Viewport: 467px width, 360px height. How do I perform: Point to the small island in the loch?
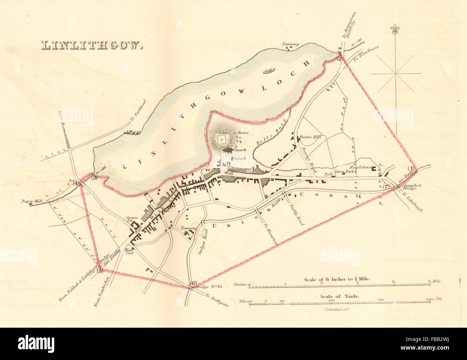point(268,71)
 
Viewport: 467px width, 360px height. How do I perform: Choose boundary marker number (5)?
point(100,271)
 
